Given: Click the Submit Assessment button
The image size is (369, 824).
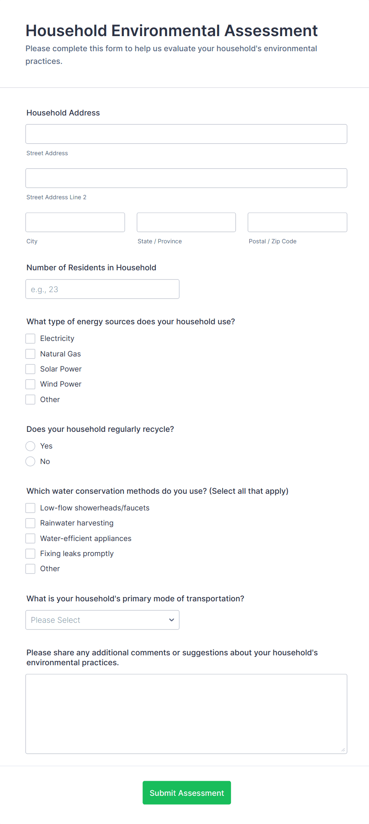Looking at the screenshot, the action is tap(186, 793).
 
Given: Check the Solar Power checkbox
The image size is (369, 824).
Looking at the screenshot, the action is tap(31, 369).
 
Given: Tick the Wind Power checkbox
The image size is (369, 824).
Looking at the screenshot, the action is tap(31, 384).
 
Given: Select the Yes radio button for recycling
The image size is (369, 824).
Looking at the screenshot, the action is tap(31, 446).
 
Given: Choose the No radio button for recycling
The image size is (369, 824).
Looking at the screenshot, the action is tap(31, 461).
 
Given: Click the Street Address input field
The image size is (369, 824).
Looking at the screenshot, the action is tap(186, 134).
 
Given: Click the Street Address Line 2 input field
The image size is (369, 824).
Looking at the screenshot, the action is tap(186, 178).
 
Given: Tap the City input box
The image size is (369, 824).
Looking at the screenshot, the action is tap(75, 222).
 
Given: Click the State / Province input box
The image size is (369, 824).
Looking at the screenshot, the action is tap(186, 222).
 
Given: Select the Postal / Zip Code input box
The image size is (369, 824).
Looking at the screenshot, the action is tap(297, 222).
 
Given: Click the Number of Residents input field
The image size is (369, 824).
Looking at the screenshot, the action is tap(102, 289).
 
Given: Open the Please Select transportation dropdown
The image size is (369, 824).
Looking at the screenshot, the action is tap(102, 620).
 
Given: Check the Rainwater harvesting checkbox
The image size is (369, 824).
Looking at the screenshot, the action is tap(31, 523).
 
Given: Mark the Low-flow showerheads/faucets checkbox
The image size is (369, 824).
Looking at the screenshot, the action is tap(31, 508).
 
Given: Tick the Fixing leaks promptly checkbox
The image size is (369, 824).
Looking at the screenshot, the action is tap(31, 554).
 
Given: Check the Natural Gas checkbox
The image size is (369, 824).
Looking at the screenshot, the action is tap(31, 354).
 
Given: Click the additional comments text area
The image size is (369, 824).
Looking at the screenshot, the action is tap(186, 714).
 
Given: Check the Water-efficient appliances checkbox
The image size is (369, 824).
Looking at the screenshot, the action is tap(31, 538).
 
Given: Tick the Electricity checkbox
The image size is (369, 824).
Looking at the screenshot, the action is tap(31, 339).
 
